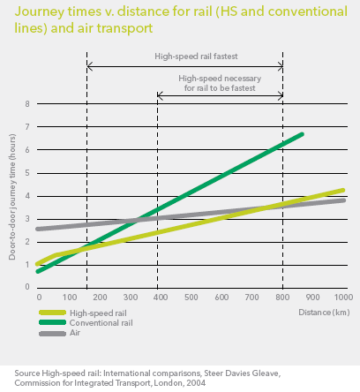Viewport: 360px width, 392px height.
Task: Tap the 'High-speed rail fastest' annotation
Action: click(184, 55)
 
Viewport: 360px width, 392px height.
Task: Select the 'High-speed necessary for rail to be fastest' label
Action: click(220, 83)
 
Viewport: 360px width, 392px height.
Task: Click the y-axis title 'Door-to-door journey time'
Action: click(11, 195)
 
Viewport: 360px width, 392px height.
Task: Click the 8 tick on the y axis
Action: click(27, 104)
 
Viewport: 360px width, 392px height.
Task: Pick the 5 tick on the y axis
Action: click(27, 173)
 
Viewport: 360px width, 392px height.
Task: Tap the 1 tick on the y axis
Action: click(27, 264)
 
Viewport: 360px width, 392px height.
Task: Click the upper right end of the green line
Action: click(303, 134)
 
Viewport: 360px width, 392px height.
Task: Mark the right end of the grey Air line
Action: click(343, 200)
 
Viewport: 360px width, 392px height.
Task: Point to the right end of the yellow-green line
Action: click(343, 190)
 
